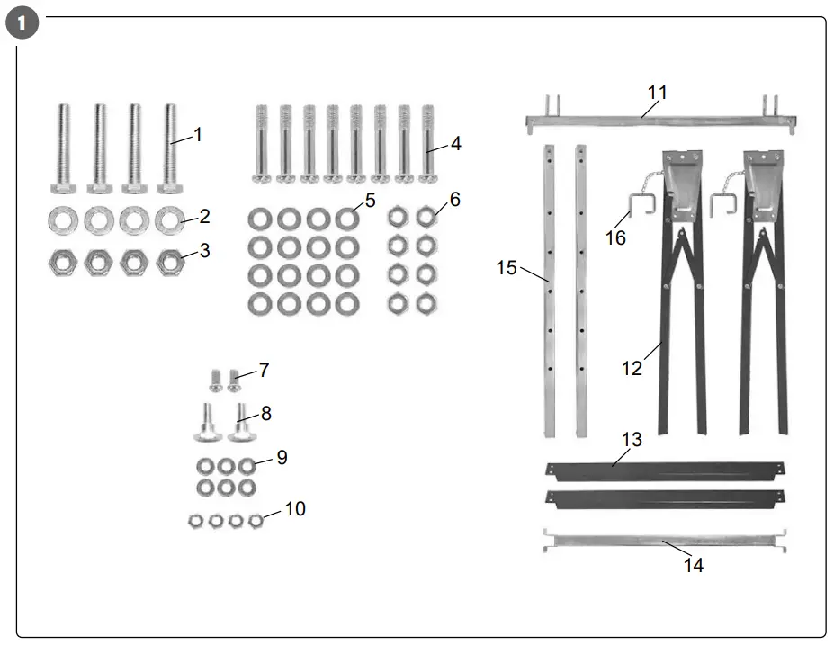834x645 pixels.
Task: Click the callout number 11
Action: pos(658,92)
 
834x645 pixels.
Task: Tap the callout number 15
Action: pos(507,267)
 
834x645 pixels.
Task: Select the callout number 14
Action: pos(693,565)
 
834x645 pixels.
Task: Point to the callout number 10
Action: pos(294,509)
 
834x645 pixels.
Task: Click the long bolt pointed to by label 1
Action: pos(168,148)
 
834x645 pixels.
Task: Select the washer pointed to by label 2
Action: pos(168,218)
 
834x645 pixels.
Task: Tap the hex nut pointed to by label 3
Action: pos(168,263)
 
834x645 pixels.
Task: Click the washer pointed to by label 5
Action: pos(346,219)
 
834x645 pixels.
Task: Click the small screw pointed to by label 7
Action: pos(235,380)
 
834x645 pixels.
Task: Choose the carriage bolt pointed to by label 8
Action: pos(241,424)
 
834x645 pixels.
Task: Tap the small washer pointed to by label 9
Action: pos(247,466)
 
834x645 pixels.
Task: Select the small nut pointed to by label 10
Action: pos(256,521)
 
